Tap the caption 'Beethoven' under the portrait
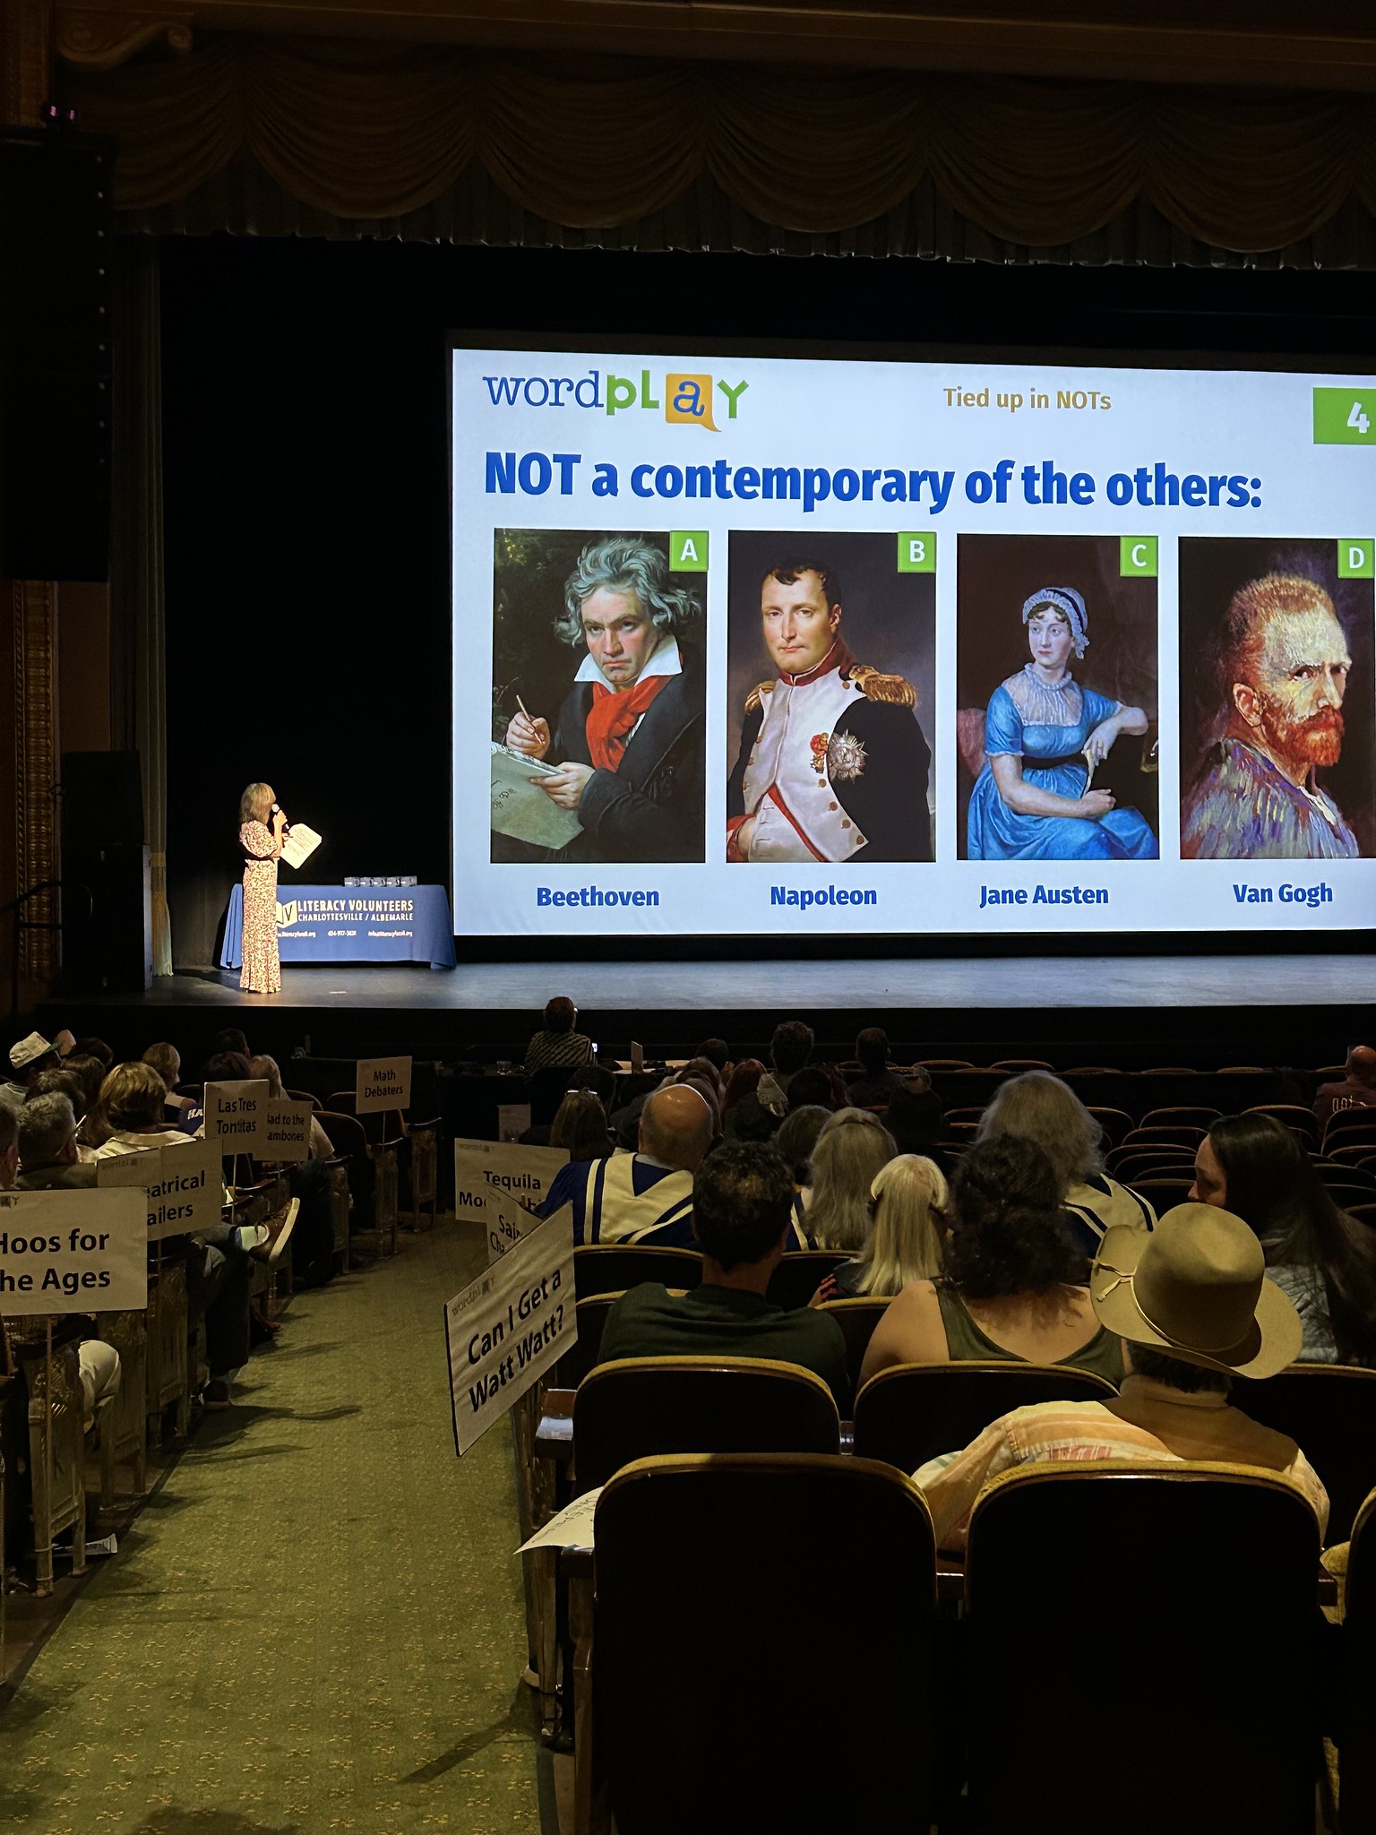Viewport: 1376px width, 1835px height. (598, 897)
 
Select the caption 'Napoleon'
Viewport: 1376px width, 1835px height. (823, 896)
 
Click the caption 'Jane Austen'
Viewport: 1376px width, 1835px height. (1044, 895)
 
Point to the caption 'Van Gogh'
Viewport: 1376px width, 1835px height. (1282, 893)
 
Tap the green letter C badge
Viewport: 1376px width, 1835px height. (1139, 556)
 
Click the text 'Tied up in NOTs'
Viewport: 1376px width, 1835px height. (1027, 400)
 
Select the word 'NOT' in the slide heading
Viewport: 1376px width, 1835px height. (532, 476)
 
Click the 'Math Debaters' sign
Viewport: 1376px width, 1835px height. (383, 1082)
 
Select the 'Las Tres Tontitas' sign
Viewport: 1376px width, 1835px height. (236, 1116)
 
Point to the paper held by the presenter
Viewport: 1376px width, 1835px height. (302, 844)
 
